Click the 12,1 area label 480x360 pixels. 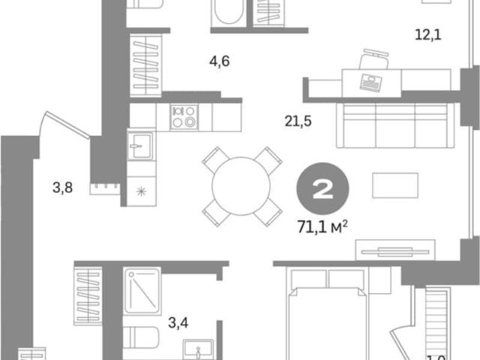pyautogui.click(x=428, y=34)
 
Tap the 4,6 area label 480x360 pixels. pyautogui.click(x=220, y=61)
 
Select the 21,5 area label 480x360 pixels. pyautogui.click(x=298, y=121)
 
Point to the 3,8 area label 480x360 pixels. pyautogui.click(x=63, y=187)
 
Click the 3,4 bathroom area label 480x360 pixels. pyautogui.click(x=178, y=322)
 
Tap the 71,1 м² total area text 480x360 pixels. pyautogui.click(x=322, y=226)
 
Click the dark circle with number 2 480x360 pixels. pyautogui.click(x=322, y=188)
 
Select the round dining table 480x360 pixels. pyautogui.click(x=241, y=186)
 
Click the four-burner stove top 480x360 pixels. pyautogui.click(x=184, y=117)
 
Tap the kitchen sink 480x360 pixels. pyautogui.click(x=140, y=146)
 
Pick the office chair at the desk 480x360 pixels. pyautogui.click(x=374, y=59)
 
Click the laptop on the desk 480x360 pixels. pyautogui.click(x=370, y=82)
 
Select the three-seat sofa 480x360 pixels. pyautogui.click(x=395, y=125)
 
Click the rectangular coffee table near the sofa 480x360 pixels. pyautogui.click(x=395, y=185)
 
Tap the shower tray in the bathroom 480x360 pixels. pyautogui.click(x=142, y=291)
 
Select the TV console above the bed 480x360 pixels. pyautogui.click(x=395, y=250)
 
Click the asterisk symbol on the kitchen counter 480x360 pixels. pyautogui.click(x=141, y=192)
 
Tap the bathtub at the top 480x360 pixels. pyautogui.click(x=229, y=12)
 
